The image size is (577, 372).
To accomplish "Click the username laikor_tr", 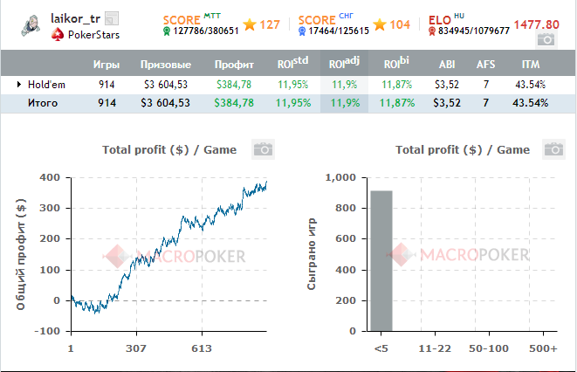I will pyautogui.click(x=76, y=18).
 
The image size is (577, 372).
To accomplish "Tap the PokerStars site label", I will pyautogui.click(x=93, y=35).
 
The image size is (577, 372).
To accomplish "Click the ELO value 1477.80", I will pyautogui.click(x=535, y=24).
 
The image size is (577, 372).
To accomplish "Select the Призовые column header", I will pyautogui.click(x=164, y=65).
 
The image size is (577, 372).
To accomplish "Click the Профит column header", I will pyautogui.click(x=234, y=65).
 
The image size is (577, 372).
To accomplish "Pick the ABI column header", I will pyautogui.click(x=447, y=65).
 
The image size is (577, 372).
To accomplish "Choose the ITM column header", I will pyautogui.click(x=530, y=65).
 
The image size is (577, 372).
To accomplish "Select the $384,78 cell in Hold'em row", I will pyautogui.click(x=234, y=85).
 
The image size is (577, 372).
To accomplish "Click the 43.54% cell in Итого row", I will pyautogui.click(x=530, y=103).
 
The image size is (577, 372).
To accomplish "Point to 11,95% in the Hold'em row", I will pyautogui.click(x=294, y=85).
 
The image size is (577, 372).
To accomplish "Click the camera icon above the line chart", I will pyautogui.click(x=263, y=149).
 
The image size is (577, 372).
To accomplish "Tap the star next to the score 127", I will pyautogui.click(x=250, y=24).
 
